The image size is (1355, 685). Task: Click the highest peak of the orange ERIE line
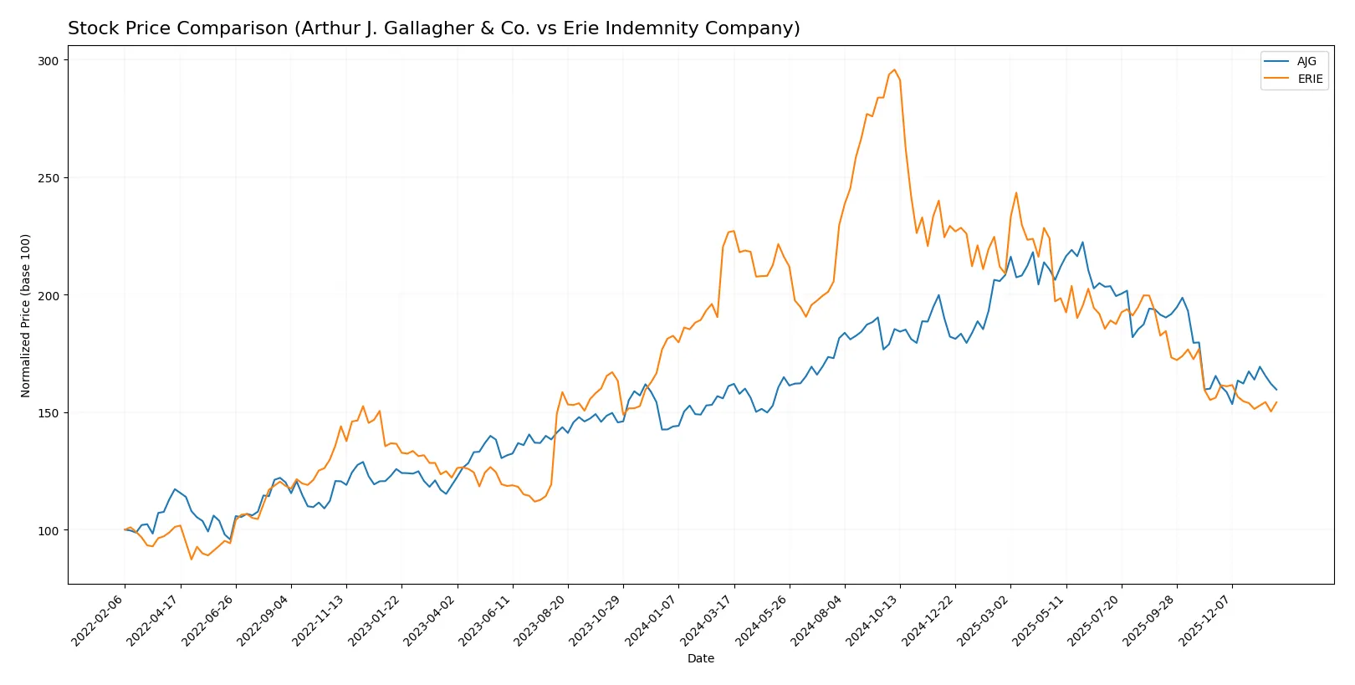tap(894, 70)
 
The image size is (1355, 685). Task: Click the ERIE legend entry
tap(1310, 79)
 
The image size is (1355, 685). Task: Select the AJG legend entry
tap(1306, 61)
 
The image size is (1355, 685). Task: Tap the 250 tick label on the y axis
tap(49, 178)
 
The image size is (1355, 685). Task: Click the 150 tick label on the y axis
tap(49, 413)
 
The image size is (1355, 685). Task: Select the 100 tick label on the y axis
tap(49, 530)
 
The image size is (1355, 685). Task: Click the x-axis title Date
tap(700, 658)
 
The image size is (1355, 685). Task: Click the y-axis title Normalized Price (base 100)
tap(26, 315)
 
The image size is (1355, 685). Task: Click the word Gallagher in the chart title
tap(398, 28)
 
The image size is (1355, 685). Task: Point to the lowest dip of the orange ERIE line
tap(192, 559)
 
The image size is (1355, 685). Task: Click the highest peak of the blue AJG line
tap(1082, 243)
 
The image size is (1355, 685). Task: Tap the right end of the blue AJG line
tap(1276, 390)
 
